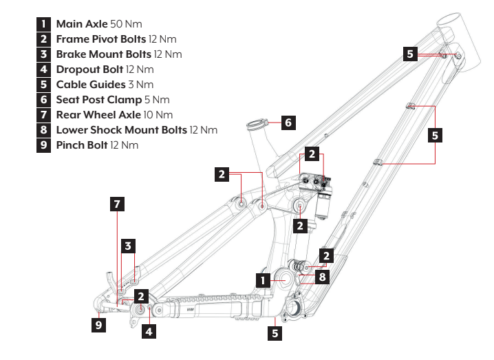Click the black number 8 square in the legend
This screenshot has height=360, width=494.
[x=44, y=130]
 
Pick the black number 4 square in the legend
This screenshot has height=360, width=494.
[x=44, y=70]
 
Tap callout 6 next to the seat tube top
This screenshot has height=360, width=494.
[x=288, y=123]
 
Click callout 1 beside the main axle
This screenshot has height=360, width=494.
[x=262, y=280]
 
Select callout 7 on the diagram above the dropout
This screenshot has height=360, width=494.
[x=117, y=204]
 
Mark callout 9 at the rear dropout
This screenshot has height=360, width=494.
[x=100, y=323]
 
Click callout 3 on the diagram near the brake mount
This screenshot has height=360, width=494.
[x=128, y=245]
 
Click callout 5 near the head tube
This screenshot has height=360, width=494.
[x=410, y=53]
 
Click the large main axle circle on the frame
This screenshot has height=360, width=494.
[x=283, y=277]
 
